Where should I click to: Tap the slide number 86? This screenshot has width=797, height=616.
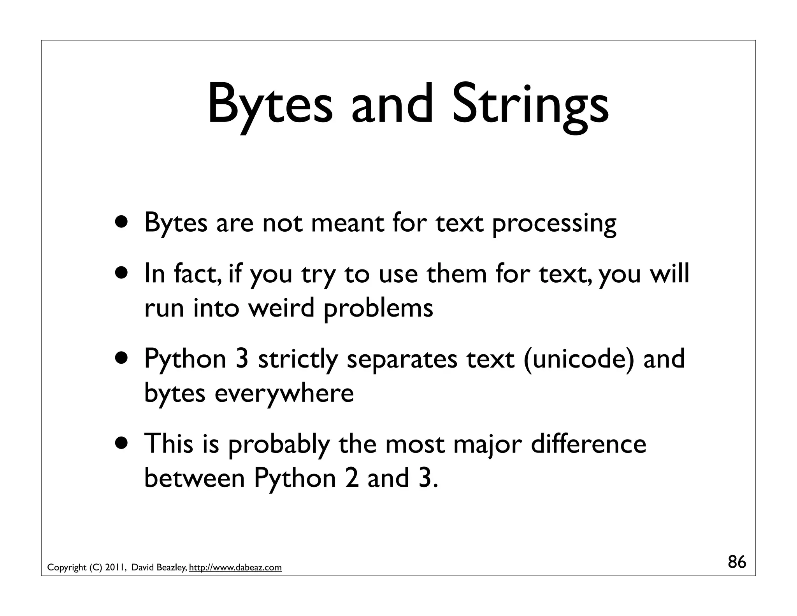click(x=737, y=562)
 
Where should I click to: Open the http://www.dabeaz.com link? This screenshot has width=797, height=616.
click(x=235, y=568)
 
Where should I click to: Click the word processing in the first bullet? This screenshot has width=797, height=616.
click(x=554, y=224)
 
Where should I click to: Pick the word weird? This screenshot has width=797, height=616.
click(x=281, y=308)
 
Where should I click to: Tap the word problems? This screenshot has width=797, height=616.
click(x=378, y=308)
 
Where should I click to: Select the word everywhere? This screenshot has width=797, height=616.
click(x=284, y=393)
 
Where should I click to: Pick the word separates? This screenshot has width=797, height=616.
click(x=402, y=359)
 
